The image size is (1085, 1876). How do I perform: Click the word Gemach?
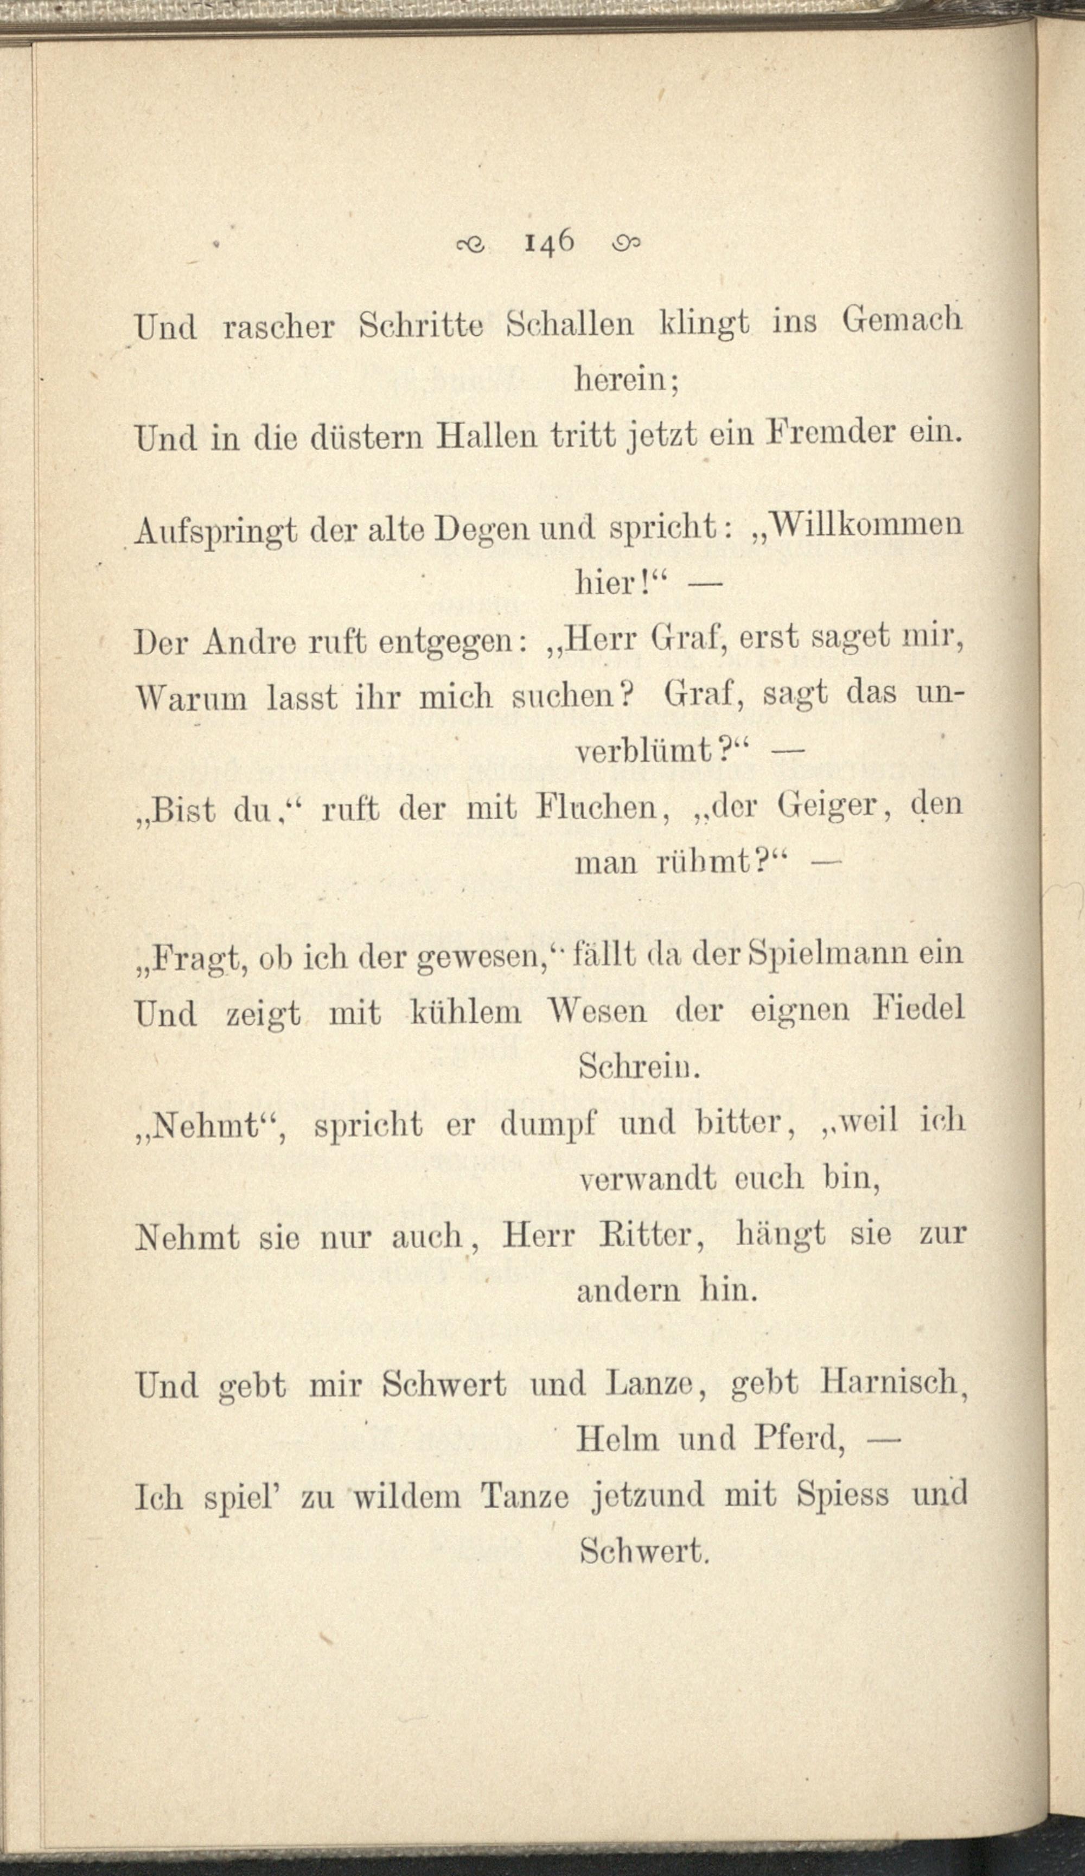click(x=903, y=322)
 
